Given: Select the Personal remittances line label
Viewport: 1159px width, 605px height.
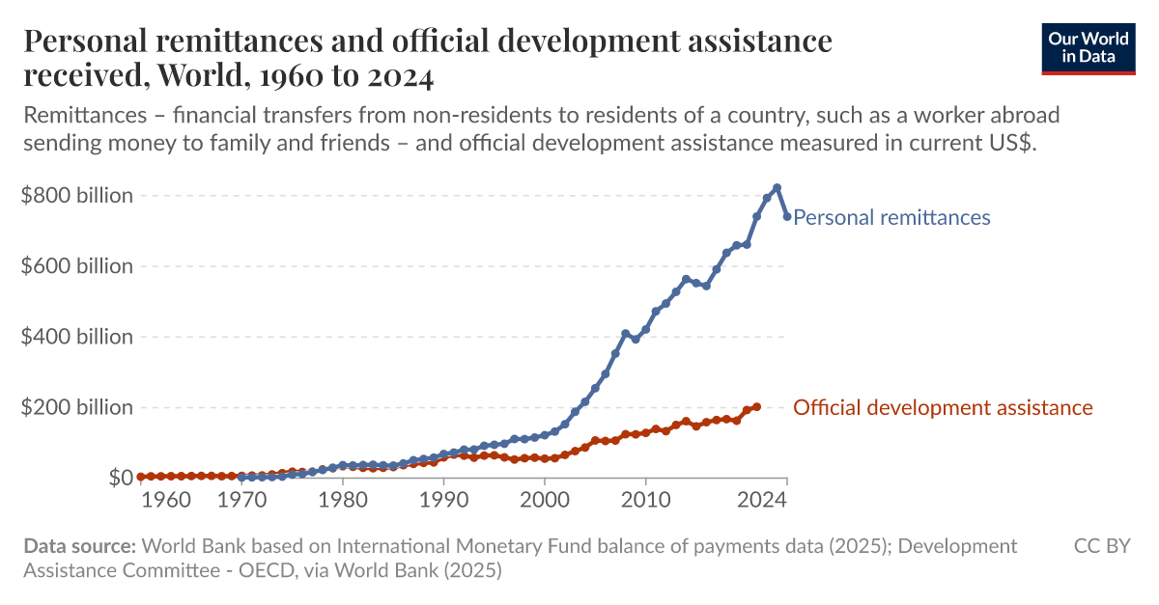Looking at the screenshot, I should coord(891,217).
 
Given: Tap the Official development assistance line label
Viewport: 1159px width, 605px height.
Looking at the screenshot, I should coord(943,407).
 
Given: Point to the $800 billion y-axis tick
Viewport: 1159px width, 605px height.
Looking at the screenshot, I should coord(77,196).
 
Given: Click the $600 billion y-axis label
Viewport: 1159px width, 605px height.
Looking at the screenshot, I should coord(77,266).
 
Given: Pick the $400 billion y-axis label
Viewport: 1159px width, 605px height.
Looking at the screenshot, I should coord(77,337).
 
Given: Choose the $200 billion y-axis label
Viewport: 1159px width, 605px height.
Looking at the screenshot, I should coord(77,407).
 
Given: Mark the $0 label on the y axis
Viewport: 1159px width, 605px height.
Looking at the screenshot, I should coord(121,478).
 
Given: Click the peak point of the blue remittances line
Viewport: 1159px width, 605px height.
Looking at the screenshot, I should coord(777,188).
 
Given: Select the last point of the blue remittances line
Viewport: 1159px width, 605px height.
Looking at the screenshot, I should coord(787,216).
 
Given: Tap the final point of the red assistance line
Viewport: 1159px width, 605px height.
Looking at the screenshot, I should coord(756,407).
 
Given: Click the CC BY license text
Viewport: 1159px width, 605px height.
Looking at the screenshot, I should coord(1102,546).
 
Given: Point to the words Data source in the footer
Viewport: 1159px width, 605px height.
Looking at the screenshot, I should coord(80,546).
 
